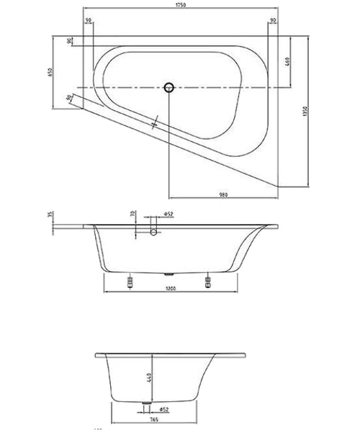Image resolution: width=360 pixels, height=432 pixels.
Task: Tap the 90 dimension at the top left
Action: click(x=87, y=21)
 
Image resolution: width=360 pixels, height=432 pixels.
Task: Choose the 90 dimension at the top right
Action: click(x=272, y=21)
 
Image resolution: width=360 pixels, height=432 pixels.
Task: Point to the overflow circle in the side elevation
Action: click(x=153, y=233)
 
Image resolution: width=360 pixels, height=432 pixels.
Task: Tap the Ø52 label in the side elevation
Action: click(x=166, y=214)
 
